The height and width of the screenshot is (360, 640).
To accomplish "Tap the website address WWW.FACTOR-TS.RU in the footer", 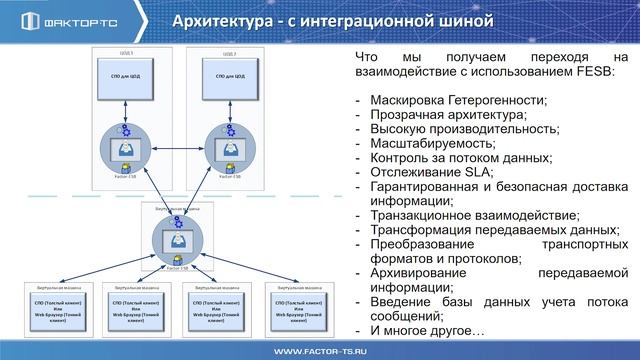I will coord(319,351).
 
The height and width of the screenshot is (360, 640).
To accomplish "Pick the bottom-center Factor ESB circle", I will coord(176,240).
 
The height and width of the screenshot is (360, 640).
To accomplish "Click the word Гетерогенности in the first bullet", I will coord(497,100).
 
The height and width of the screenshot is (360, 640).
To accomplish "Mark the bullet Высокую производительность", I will coord(461,129).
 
